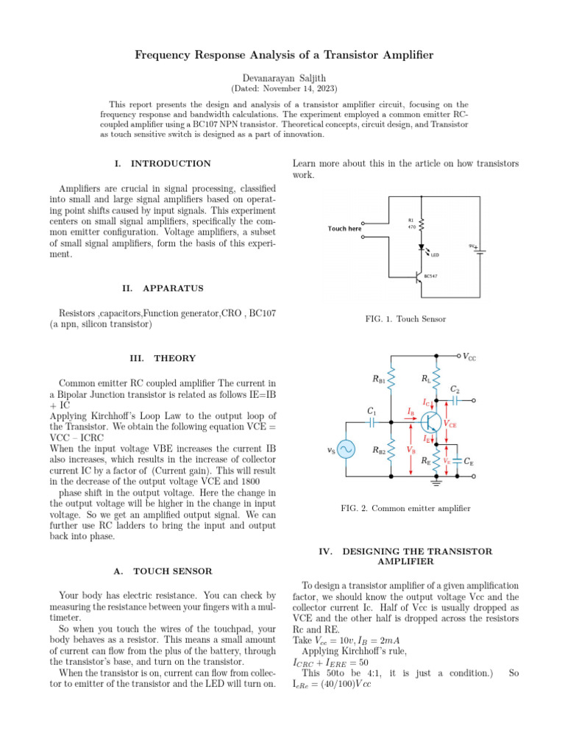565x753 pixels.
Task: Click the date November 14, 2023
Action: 282,88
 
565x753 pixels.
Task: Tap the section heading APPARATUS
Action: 173,288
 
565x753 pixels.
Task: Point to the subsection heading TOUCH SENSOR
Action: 173,571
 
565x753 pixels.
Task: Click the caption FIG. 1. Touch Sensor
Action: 405,319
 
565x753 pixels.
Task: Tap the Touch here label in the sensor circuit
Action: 344,229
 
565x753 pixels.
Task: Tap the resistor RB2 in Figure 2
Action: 392,451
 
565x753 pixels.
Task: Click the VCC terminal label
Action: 468,357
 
